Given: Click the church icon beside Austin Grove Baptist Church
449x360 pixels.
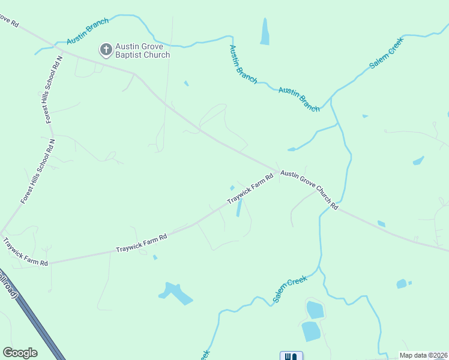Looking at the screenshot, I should [106, 49].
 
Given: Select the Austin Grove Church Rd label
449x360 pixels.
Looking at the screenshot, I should [310, 188].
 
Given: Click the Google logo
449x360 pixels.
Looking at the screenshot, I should [20, 352].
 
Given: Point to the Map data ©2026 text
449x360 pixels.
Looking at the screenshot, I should [423, 355].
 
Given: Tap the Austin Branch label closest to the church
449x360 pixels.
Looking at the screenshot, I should [88, 31].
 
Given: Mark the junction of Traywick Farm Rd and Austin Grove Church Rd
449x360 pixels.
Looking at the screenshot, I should [278, 170].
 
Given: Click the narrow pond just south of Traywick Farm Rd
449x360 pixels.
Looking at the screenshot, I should [240, 207].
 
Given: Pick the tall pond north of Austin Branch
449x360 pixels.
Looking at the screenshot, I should [265, 31].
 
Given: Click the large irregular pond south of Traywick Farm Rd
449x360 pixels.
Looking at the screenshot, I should [175, 293].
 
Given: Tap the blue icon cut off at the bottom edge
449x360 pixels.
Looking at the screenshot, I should [291, 356].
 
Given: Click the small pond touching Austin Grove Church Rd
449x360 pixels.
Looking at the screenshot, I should [381, 224].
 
